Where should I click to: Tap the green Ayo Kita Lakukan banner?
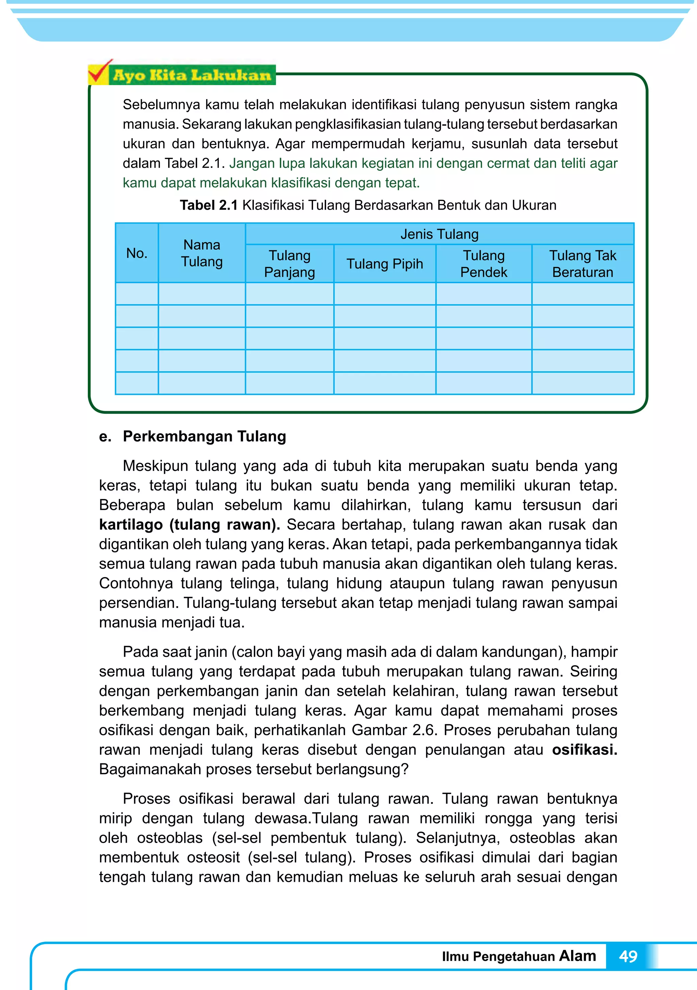(x=192, y=76)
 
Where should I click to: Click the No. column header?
(x=137, y=253)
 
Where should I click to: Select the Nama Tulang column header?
(x=202, y=253)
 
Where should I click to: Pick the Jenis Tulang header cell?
(x=439, y=234)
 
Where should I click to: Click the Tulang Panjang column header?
(x=289, y=263)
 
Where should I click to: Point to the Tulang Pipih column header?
(x=385, y=263)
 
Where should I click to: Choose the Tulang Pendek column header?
(x=484, y=263)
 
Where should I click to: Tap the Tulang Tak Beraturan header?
(x=582, y=263)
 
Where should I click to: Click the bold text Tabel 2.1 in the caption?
(x=209, y=205)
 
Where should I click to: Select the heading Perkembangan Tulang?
(x=205, y=436)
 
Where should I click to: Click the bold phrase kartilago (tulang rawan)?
(x=189, y=525)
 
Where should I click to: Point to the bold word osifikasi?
(x=584, y=750)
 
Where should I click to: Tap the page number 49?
(x=628, y=956)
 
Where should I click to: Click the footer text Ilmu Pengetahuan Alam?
(x=519, y=956)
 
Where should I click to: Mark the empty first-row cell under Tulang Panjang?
(x=289, y=294)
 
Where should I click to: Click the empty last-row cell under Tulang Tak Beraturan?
(x=582, y=383)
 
